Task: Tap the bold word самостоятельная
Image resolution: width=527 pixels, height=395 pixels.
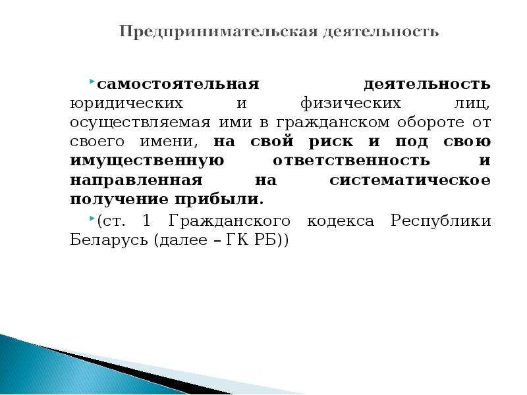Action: pyautogui.click(x=178, y=84)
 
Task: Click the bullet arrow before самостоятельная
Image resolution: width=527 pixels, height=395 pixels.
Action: pyautogui.click(x=92, y=82)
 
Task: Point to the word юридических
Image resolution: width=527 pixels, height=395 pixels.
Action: pyautogui.click(x=126, y=104)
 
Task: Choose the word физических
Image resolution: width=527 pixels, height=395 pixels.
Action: pyautogui.click(x=351, y=104)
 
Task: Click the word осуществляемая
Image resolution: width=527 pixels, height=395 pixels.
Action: pyautogui.click(x=140, y=123)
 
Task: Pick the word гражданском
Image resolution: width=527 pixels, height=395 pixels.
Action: pyautogui.click(x=333, y=123)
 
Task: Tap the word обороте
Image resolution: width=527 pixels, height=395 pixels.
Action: pyautogui.click(x=431, y=122)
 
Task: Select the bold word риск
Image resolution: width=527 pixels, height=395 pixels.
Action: pyautogui.click(x=331, y=142)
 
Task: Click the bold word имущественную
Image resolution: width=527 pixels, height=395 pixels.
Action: pyautogui.click(x=147, y=161)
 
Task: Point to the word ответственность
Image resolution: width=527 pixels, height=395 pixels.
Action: pyautogui.click(x=351, y=161)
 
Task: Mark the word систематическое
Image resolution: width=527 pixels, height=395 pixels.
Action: pyautogui.click(x=410, y=180)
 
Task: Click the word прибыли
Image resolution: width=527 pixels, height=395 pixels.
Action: pyautogui.click(x=219, y=200)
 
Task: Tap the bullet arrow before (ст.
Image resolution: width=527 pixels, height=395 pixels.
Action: pyautogui.click(x=92, y=219)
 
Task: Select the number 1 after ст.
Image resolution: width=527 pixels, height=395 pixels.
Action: pyautogui.click(x=146, y=221)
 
